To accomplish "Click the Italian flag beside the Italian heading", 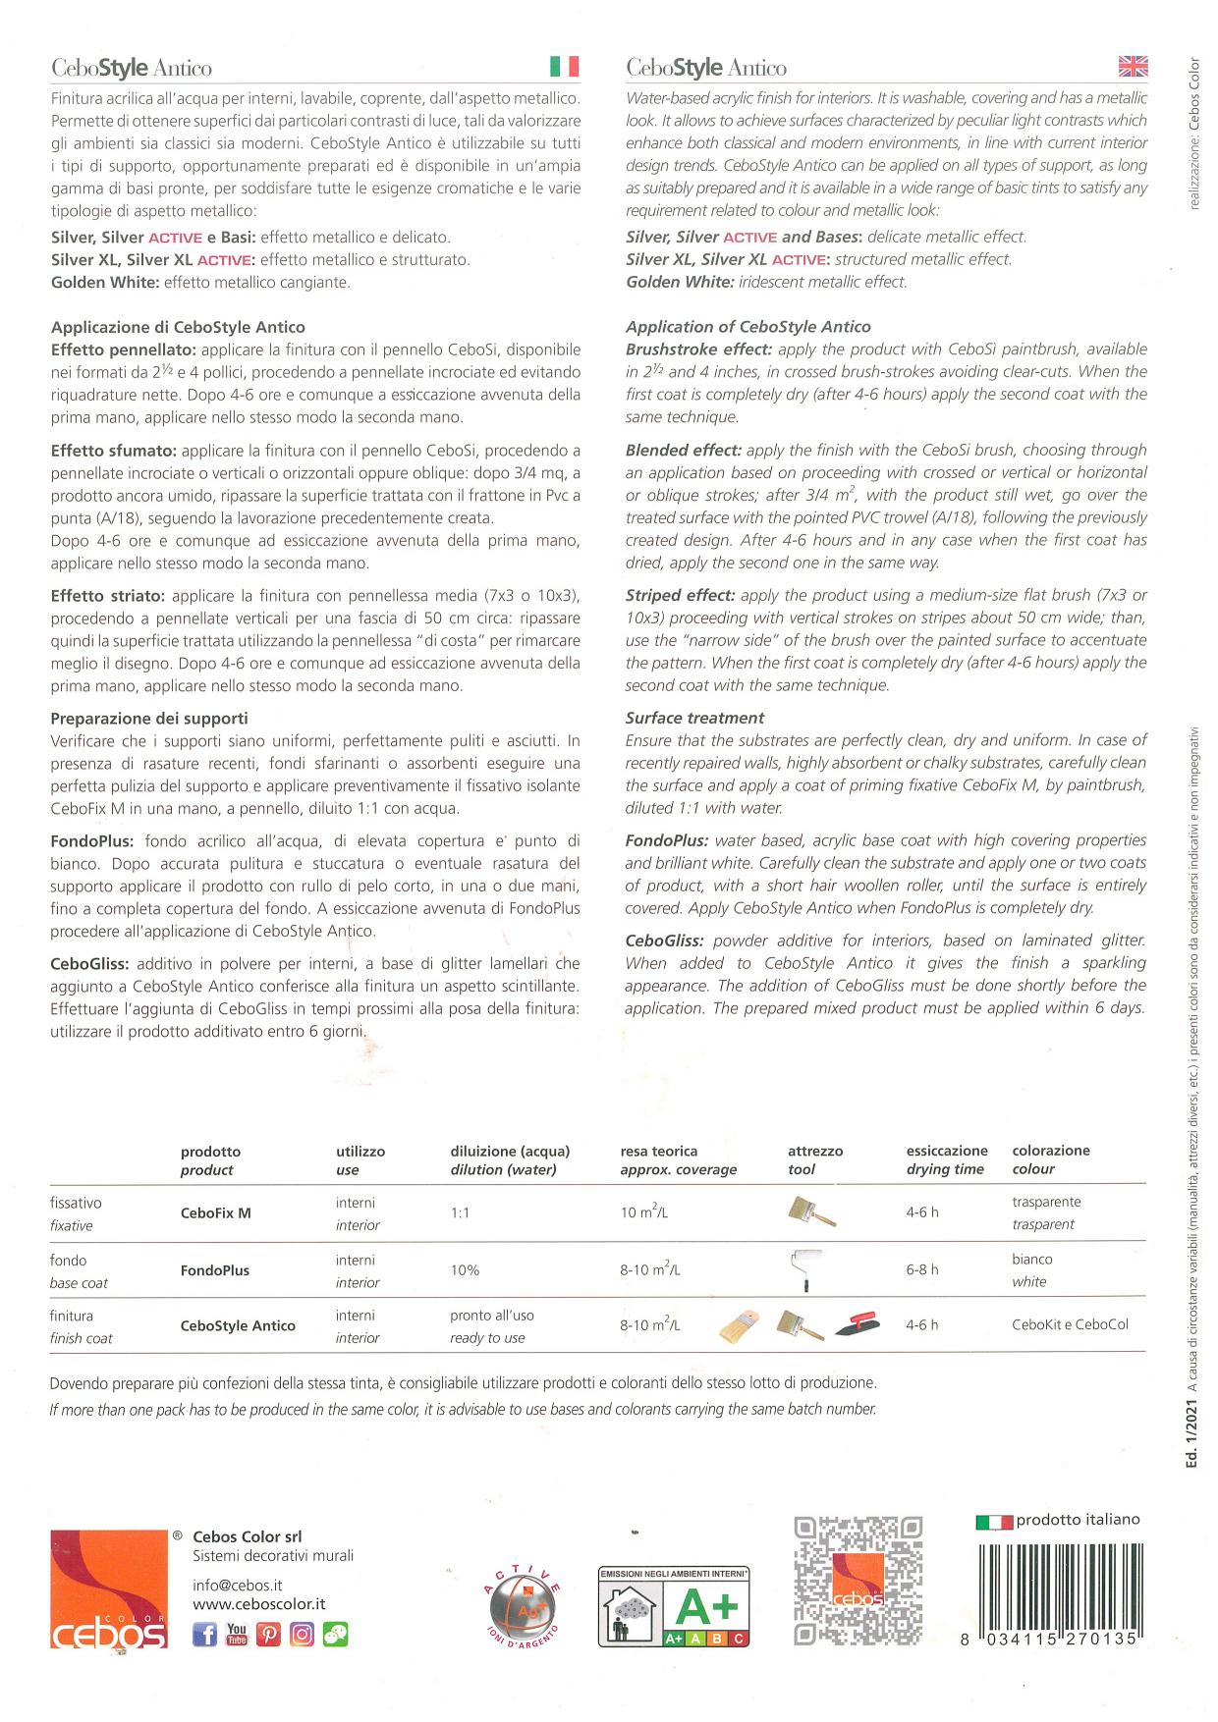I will [564, 67].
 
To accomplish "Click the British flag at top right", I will [1133, 67].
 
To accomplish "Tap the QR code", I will [858, 1581].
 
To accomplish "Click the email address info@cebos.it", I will [238, 1585].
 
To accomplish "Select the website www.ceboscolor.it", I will [258, 1604].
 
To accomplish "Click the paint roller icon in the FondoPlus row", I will [805, 1269].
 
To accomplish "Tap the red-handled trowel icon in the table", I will [858, 1325].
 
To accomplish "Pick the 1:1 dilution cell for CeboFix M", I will [460, 1213].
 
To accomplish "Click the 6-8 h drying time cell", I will [922, 1269].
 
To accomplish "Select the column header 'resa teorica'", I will [658, 1151].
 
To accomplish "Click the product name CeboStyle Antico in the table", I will [238, 1325].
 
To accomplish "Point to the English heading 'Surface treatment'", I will [694, 718].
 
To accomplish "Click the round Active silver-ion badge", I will [523, 1608].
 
